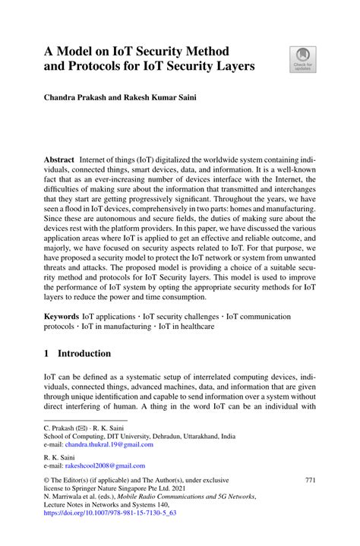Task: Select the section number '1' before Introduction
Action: (x=46, y=354)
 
